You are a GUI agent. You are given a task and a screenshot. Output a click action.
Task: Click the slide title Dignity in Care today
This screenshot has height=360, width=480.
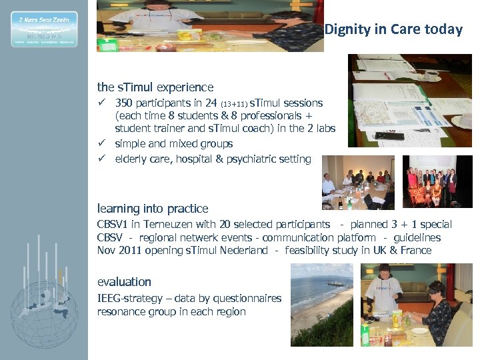393,29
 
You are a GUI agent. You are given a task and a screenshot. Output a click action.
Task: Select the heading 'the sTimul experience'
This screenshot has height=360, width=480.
155,87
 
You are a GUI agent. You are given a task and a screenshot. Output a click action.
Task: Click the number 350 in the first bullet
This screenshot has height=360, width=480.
125,103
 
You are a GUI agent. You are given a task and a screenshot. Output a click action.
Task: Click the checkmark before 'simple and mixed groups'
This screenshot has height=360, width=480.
102,143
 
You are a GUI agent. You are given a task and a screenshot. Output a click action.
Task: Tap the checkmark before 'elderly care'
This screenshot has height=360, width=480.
102,159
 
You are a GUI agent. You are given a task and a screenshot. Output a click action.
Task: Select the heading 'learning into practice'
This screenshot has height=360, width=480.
153,209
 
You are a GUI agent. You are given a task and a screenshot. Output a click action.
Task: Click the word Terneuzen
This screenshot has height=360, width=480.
174,225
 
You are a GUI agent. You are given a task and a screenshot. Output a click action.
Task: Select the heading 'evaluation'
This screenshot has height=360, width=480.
124,282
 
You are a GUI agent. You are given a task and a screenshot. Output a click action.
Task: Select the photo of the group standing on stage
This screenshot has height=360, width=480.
437,182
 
